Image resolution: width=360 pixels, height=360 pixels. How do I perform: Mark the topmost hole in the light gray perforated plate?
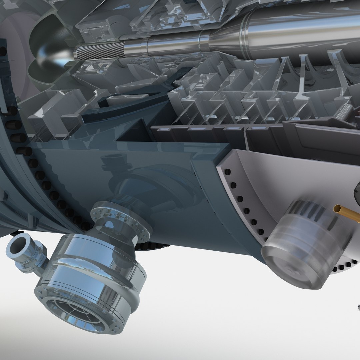click(227, 172)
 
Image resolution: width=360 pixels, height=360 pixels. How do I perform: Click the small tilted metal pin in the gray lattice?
click(347, 110)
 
